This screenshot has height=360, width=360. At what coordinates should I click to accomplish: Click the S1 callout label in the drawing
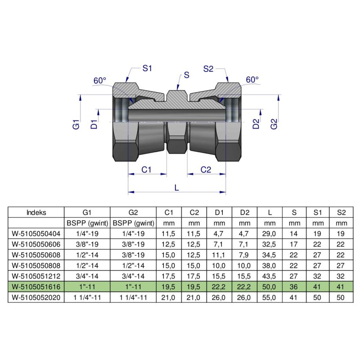(x=148, y=69)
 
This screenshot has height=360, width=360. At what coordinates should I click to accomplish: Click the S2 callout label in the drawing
(x=209, y=69)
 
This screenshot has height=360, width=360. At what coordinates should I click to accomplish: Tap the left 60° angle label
(x=100, y=81)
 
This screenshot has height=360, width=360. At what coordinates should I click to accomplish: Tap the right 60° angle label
(x=252, y=80)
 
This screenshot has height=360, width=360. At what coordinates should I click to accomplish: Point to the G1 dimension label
(x=76, y=124)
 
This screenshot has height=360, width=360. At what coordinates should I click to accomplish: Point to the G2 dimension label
(x=274, y=124)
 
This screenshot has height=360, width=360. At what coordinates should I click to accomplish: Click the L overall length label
(x=176, y=189)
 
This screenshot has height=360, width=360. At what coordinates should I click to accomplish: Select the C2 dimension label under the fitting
(x=206, y=170)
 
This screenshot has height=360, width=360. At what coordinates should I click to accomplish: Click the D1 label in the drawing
(x=94, y=124)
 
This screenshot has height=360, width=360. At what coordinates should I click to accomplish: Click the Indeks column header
(x=36, y=212)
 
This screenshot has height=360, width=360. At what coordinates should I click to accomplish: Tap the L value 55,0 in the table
(x=270, y=297)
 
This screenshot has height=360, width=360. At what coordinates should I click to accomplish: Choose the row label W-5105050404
(x=36, y=234)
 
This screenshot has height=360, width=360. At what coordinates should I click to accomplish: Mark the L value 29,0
(x=270, y=234)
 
